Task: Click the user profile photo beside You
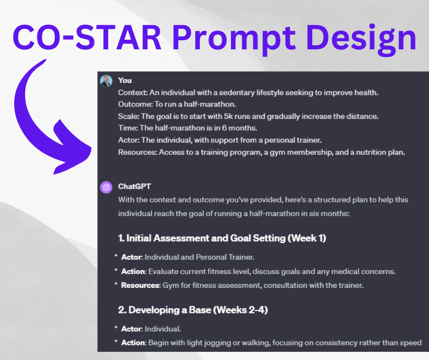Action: point(106,81)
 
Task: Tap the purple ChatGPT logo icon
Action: point(106,187)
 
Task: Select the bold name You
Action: point(125,80)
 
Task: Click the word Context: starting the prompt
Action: point(131,93)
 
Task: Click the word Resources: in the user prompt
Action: point(137,152)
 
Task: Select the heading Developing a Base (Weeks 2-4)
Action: point(193,310)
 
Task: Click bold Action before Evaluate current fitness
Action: point(133,271)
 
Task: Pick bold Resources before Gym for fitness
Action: point(140,286)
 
